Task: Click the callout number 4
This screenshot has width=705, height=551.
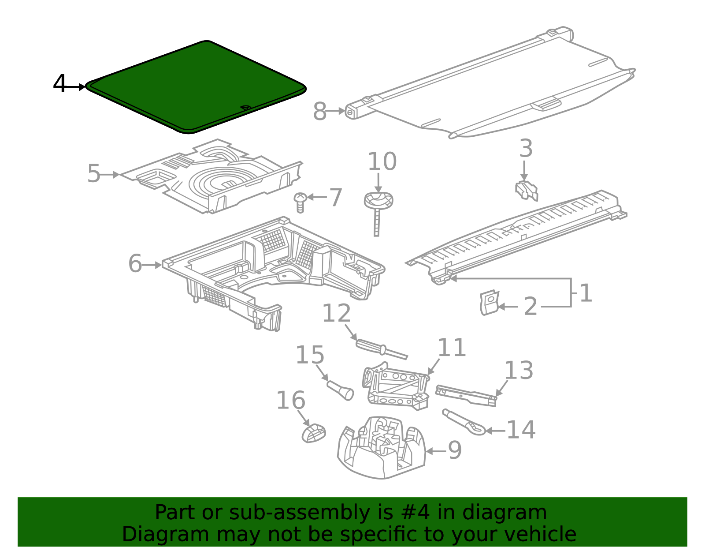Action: [x=59, y=84]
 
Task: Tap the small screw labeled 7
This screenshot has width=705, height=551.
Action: [x=300, y=202]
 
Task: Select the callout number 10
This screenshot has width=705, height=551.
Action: [x=382, y=161]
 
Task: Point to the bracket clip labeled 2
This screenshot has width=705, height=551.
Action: [x=488, y=303]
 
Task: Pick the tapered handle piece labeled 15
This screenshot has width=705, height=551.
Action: [x=340, y=390]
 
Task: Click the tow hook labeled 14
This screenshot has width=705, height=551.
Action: [x=464, y=422]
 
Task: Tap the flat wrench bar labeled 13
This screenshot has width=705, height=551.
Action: [x=466, y=396]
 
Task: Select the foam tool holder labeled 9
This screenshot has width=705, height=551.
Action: [x=381, y=448]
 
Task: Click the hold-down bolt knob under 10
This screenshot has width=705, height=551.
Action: [x=378, y=201]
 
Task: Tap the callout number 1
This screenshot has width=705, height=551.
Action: [x=585, y=293]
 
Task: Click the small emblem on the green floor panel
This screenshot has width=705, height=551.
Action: [x=245, y=108]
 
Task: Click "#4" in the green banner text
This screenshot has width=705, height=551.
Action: [x=416, y=513]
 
